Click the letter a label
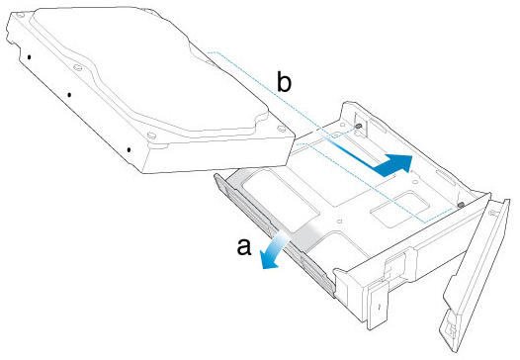244,247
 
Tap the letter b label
284,83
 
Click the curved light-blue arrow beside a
273,251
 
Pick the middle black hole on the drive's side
69,95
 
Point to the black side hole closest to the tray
129,150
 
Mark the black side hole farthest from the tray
30,57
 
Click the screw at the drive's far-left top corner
20,15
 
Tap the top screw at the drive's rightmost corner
281,129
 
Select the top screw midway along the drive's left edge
77,67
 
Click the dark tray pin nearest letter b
358,127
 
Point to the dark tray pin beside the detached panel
461,205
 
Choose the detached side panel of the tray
475,275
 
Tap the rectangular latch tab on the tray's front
378,305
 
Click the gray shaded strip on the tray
275,213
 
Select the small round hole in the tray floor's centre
339,221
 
